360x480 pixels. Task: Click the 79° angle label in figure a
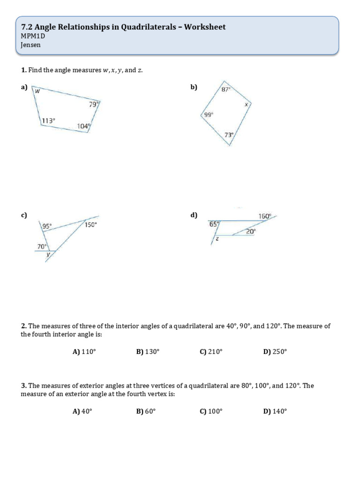[x=93, y=105]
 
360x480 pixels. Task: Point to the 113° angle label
[x=48, y=120]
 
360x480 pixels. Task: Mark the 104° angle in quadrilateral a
[x=83, y=126]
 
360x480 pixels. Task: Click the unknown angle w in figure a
[x=37, y=91]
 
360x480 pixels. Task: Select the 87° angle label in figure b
[x=226, y=89]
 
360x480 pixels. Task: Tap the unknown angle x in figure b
[x=246, y=105]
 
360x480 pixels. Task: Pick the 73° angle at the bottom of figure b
[x=229, y=135]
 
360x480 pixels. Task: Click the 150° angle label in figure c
[x=90, y=225]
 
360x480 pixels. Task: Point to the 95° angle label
[x=47, y=226]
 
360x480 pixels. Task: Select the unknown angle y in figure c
[x=47, y=255]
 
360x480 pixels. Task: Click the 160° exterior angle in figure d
[x=265, y=216]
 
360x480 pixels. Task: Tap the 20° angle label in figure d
[x=251, y=231]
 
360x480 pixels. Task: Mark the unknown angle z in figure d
[x=217, y=239]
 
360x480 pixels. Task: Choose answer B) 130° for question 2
[x=148, y=352]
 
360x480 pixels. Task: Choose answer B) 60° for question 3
[x=146, y=412]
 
